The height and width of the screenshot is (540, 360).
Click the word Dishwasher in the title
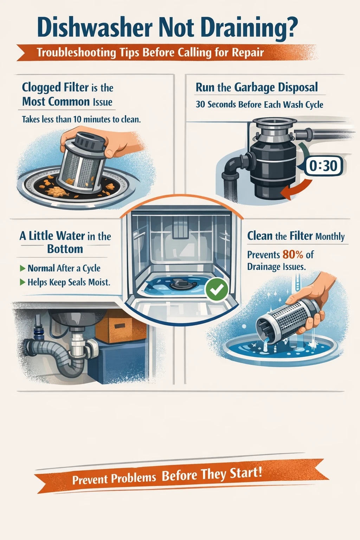[95, 28]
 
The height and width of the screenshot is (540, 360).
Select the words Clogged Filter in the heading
[55, 87]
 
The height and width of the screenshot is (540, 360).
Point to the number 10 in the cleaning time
[77, 120]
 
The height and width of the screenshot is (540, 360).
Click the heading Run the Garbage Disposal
[257, 88]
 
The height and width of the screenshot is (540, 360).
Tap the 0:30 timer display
[323, 166]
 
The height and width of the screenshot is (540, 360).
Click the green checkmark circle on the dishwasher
[217, 289]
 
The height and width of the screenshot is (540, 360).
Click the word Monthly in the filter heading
[330, 237]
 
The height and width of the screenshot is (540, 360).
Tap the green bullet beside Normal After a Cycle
[23, 269]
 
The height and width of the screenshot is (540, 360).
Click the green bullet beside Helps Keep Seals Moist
[23, 282]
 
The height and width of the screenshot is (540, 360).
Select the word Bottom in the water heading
[65, 249]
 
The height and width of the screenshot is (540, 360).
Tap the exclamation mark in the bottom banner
[260, 471]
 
